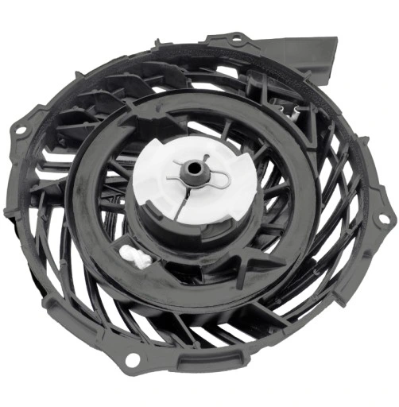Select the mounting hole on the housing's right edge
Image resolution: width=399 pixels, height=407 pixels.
tap(383, 217)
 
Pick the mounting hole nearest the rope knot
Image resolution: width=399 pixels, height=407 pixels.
tap(131, 361)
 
